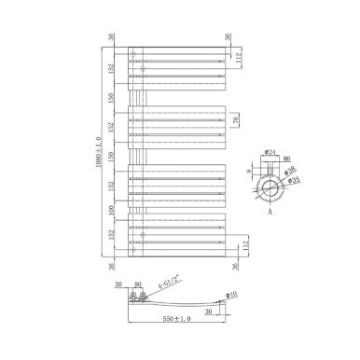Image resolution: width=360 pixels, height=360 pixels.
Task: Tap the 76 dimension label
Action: click(x=236, y=119)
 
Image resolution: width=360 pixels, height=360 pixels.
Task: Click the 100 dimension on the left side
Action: click(x=111, y=210)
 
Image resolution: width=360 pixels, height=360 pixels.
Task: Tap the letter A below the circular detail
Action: click(x=270, y=213)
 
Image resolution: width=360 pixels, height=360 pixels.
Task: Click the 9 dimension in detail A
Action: click(x=247, y=172)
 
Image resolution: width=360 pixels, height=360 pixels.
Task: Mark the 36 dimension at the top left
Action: click(x=111, y=37)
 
